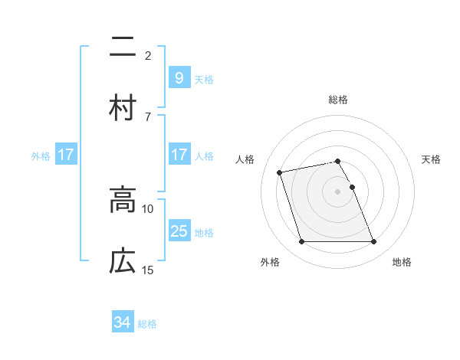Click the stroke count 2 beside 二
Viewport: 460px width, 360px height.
148,55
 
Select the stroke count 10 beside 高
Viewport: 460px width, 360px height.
148,208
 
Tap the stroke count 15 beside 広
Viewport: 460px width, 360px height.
148,270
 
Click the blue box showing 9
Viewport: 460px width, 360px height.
179,77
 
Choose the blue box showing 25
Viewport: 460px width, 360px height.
179,231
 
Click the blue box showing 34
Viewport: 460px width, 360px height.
122,322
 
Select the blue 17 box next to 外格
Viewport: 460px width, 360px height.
66,155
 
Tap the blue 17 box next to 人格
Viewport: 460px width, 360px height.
179,155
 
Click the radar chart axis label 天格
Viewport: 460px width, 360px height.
431,159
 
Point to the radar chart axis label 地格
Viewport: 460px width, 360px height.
402,263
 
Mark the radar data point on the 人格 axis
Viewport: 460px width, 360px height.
280,172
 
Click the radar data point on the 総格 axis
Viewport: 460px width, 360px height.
337,161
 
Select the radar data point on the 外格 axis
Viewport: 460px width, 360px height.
301,242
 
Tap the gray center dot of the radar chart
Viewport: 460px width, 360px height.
337,191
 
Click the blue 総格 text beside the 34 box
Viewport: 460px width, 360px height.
147,324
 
